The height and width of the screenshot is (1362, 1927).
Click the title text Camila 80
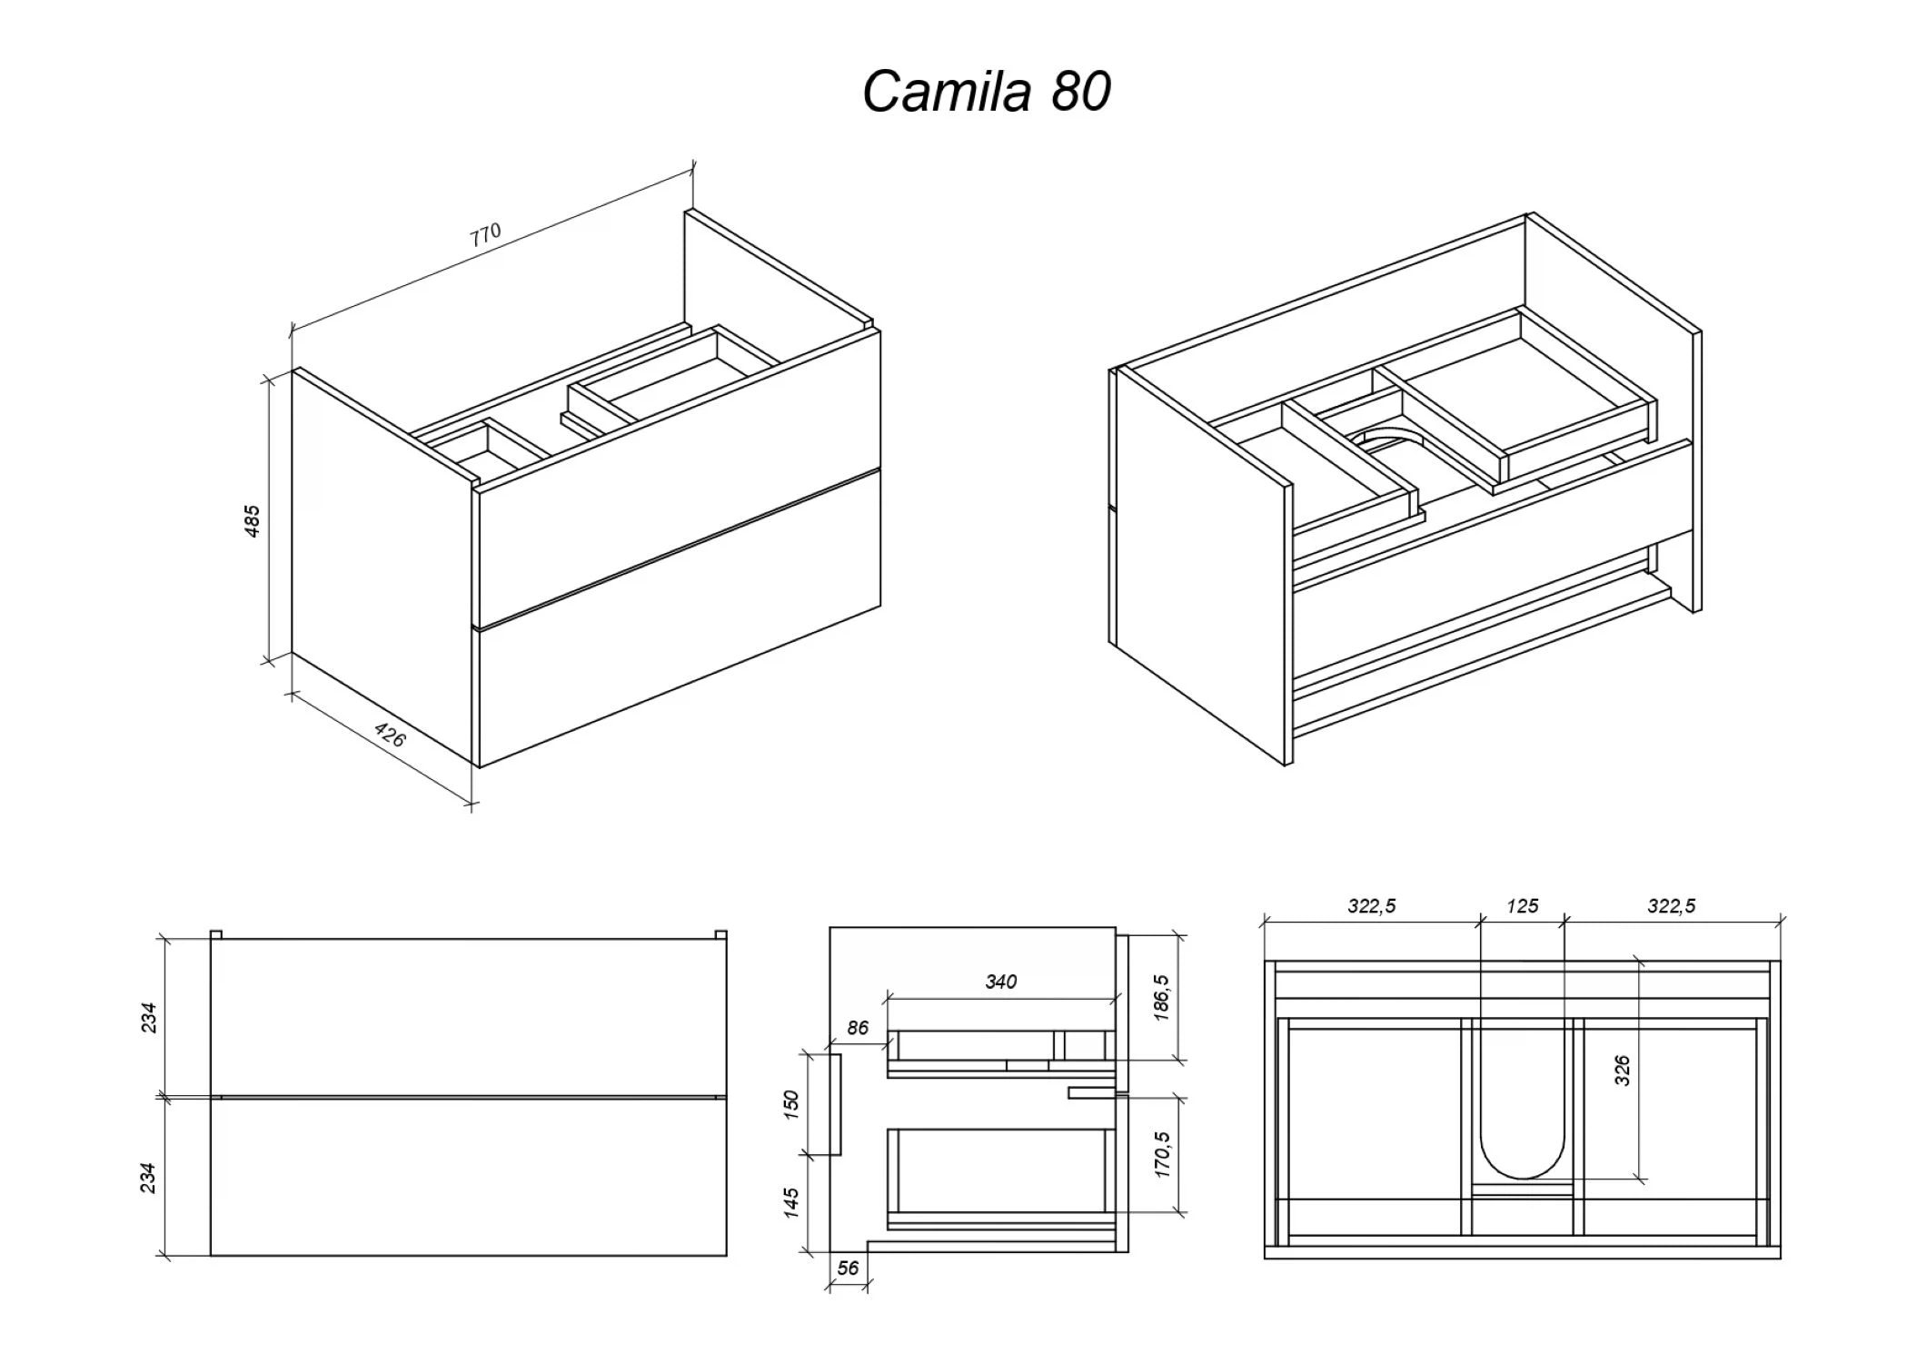[x=986, y=92]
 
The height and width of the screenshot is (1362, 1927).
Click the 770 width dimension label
[x=485, y=235]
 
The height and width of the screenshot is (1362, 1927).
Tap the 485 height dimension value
[x=253, y=521]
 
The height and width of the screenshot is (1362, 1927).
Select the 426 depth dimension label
[x=390, y=735]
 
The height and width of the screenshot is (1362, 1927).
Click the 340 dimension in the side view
[x=1000, y=982]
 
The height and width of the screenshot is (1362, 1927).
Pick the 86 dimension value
[x=857, y=1028]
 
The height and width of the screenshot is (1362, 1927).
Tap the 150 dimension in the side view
[x=791, y=1103]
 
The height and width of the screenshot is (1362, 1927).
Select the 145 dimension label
[x=791, y=1202]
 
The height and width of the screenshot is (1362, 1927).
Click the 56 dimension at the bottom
[x=848, y=1268]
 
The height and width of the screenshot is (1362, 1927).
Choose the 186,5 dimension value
[x=1162, y=998]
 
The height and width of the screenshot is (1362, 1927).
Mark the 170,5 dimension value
[x=1162, y=1155]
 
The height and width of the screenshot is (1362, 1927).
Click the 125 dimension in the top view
[x=1522, y=906]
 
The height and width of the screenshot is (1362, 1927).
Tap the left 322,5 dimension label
[x=1371, y=906]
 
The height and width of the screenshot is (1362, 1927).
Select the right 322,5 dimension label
[x=1672, y=906]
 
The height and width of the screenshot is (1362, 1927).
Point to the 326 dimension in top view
[x=1623, y=1071]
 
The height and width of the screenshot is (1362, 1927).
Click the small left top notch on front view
[x=216, y=934]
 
